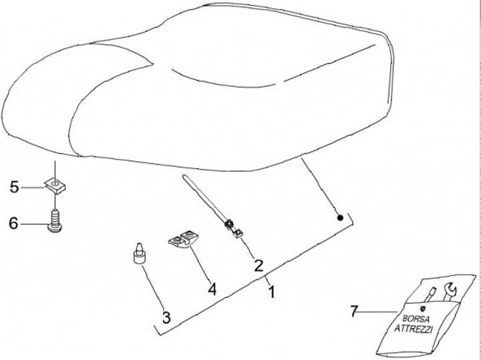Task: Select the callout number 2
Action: [258, 264]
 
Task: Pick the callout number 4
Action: [212, 289]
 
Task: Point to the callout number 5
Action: [14, 188]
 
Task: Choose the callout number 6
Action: [14, 224]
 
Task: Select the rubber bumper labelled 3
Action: [139, 254]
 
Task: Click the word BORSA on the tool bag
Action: [411, 318]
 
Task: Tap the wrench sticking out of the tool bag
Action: [450, 291]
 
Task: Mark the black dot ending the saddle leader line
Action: [339, 217]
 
